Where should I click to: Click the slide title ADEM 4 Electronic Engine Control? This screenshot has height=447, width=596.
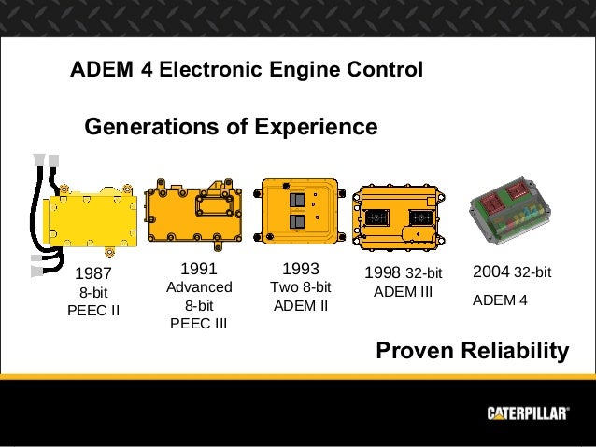pyautogui.click(x=247, y=70)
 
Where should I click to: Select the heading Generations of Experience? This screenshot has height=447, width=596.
pyautogui.click(x=231, y=126)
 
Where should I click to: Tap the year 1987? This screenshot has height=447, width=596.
pyautogui.click(x=92, y=274)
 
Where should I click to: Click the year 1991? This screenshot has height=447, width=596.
pyautogui.click(x=198, y=269)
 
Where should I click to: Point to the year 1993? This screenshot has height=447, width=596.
pyautogui.click(x=301, y=269)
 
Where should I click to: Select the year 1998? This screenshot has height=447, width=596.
pyautogui.click(x=382, y=273)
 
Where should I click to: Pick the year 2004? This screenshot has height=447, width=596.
pyautogui.click(x=491, y=272)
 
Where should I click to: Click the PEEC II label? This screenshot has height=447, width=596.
pyautogui.click(x=93, y=310)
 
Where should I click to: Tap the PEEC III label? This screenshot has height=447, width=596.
pyautogui.click(x=198, y=324)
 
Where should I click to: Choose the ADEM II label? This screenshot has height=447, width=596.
pyautogui.click(x=301, y=305)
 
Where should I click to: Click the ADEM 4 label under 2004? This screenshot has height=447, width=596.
pyautogui.click(x=500, y=300)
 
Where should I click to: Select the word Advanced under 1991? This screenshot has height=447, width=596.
pyautogui.click(x=198, y=287)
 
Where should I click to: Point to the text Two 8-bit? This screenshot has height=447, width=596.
pyautogui.click(x=301, y=287)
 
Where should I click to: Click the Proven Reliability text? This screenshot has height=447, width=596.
pyautogui.click(x=471, y=350)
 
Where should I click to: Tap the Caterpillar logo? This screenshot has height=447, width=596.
pyautogui.click(x=527, y=413)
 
